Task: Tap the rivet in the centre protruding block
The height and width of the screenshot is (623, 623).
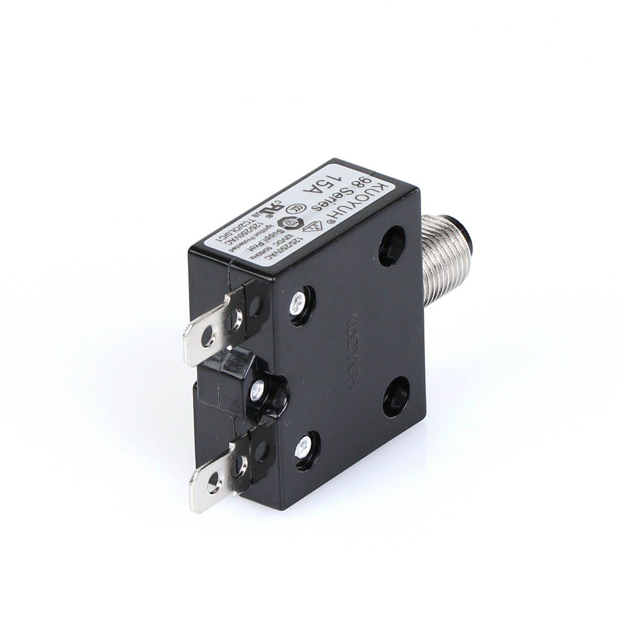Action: coord(256,390)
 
